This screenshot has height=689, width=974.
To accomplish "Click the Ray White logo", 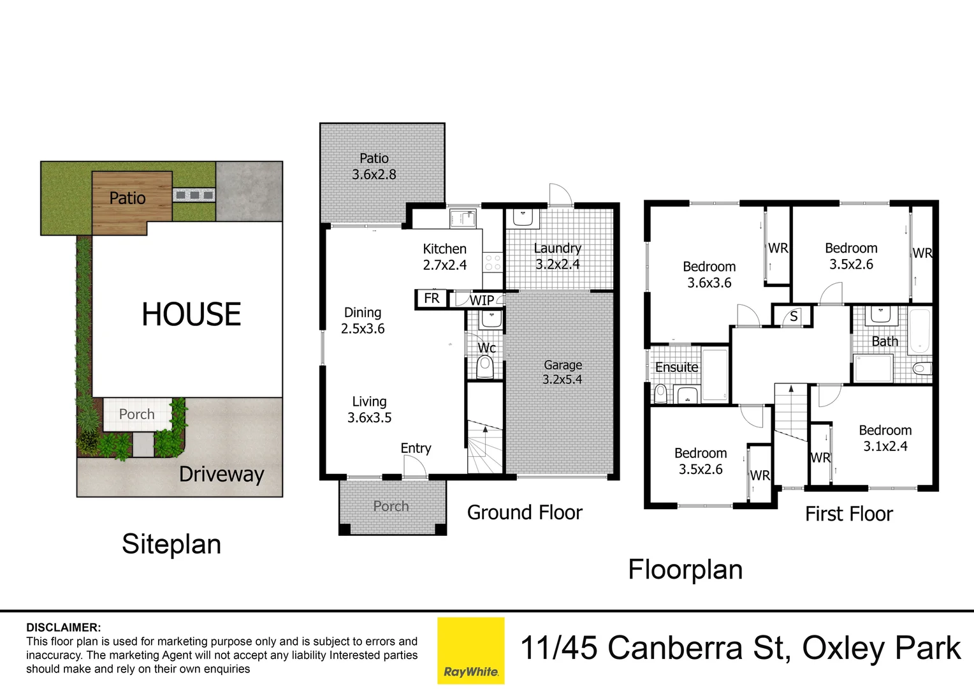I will click(x=470, y=650).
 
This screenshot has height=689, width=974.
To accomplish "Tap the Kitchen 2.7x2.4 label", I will click(x=444, y=256).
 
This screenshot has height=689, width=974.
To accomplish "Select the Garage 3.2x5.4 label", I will click(x=562, y=372).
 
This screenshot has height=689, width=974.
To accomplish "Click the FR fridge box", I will click(x=432, y=299).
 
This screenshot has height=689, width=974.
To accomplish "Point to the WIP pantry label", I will click(x=481, y=300).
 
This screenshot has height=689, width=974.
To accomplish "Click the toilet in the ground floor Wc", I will click(x=485, y=367).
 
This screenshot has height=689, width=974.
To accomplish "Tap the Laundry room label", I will click(x=557, y=256).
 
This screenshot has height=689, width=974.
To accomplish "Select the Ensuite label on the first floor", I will click(x=676, y=367).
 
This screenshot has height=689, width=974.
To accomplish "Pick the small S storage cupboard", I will click(x=793, y=316).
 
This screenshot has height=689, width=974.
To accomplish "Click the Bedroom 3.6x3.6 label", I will click(x=709, y=274).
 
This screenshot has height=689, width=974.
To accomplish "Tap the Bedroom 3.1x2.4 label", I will click(x=885, y=438).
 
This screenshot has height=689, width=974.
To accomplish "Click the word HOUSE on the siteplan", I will click(x=191, y=315).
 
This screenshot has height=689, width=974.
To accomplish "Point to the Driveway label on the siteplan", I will click(x=221, y=475).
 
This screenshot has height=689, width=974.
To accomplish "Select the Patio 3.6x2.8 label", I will click(x=374, y=166).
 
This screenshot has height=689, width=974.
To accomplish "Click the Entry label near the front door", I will click(x=416, y=448).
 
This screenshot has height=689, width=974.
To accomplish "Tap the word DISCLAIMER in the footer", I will click(x=63, y=628).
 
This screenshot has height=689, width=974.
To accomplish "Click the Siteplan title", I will click(x=171, y=544).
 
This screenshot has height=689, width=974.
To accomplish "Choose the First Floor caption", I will click(x=848, y=514).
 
